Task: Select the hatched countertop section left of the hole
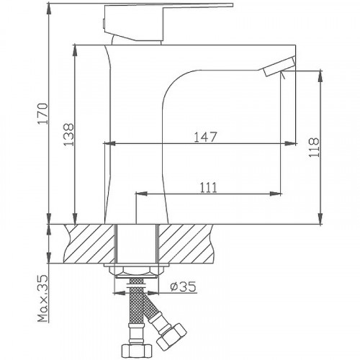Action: click(90, 245)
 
